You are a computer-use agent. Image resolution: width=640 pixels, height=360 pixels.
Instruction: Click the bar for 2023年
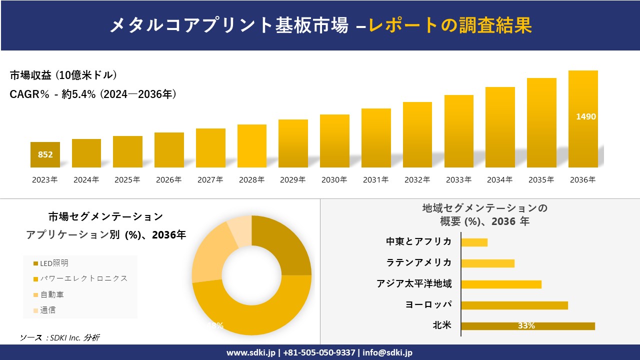(45, 155)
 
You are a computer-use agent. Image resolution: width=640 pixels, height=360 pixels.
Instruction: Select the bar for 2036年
(583, 120)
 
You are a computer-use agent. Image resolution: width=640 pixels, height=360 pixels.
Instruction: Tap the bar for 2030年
(334, 141)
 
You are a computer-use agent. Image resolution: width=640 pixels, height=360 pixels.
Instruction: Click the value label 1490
(585, 116)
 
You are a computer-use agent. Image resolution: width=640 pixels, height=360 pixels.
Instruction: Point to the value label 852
(45, 154)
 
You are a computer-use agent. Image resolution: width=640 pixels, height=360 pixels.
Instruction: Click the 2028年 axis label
(251, 180)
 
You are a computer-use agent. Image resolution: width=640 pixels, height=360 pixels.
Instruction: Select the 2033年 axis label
(458, 180)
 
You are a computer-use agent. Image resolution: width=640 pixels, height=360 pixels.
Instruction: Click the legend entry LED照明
(54, 263)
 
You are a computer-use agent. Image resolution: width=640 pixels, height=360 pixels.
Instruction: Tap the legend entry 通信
(48, 310)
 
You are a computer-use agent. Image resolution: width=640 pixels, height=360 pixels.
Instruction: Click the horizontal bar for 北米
(527, 326)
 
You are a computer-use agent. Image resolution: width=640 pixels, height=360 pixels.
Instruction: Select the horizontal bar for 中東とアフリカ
(474, 242)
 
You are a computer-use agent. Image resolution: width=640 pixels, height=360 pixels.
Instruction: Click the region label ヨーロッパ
(428, 305)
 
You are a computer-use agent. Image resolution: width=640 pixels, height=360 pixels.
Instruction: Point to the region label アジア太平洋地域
(414, 284)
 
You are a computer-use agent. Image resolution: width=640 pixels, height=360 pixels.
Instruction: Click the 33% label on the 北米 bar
(526, 326)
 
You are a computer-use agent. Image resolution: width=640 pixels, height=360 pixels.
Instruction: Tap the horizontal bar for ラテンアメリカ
(487, 263)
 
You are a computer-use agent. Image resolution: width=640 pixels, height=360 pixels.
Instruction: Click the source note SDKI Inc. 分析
(59, 338)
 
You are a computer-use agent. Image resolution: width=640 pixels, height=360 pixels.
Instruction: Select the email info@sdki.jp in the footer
(387, 352)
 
